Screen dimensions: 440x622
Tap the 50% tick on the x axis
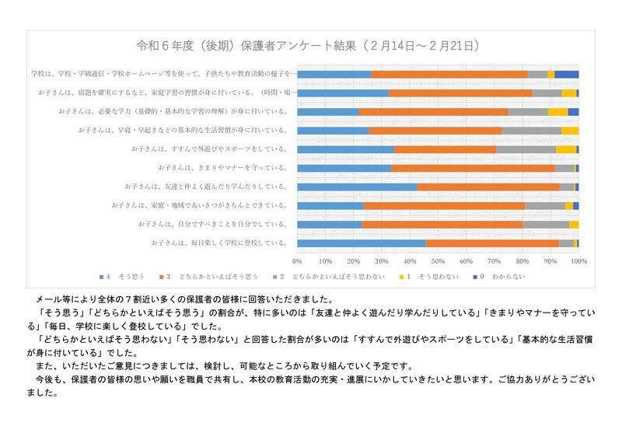(x=438, y=260)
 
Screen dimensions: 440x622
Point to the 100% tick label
(x=578, y=260)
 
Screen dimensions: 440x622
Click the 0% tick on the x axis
(x=298, y=260)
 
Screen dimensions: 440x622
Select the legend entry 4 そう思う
(x=121, y=276)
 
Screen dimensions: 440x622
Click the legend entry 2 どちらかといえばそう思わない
(x=327, y=276)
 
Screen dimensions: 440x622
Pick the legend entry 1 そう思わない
(x=424, y=276)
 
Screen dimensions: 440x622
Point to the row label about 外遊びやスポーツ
(x=211, y=148)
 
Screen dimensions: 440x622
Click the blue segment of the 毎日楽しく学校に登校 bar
(x=362, y=243)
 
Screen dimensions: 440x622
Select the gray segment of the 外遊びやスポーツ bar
(x=526, y=148)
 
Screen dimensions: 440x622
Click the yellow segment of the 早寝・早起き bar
(x=570, y=131)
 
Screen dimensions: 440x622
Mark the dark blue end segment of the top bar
(x=567, y=74)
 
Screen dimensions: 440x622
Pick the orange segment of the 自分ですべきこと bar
(x=442, y=225)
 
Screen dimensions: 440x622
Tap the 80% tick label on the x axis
(x=522, y=260)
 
